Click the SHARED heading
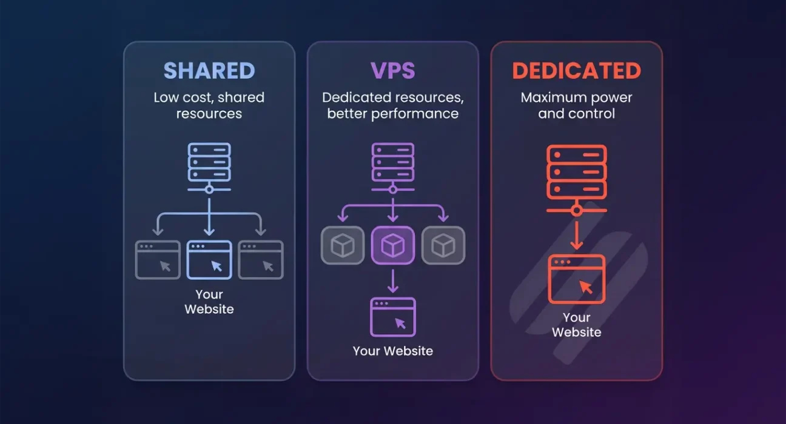[x=209, y=71]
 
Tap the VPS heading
[x=392, y=71]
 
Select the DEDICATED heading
[x=576, y=71]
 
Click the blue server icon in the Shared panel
[x=209, y=162]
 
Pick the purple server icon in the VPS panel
[x=392, y=162]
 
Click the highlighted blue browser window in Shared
[x=209, y=260]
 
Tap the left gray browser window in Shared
[x=158, y=260]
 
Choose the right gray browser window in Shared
[x=261, y=260]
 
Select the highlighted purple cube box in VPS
[x=392, y=245]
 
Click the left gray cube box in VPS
[x=343, y=245]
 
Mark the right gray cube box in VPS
[x=443, y=245]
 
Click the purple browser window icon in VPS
[x=392, y=317]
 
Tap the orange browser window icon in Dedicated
[x=576, y=279]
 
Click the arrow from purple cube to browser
[x=392, y=280]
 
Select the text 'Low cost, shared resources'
[x=209, y=105]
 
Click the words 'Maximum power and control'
[x=576, y=105]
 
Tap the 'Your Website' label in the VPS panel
[x=392, y=351]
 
